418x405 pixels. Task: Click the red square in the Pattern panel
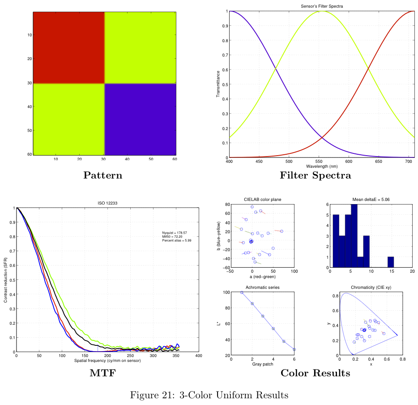(x=68, y=47)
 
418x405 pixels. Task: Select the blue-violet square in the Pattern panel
(x=141, y=119)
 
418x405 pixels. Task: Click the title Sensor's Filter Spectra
(x=321, y=6)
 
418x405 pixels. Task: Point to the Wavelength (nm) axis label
(x=321, y=166)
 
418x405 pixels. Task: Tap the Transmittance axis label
(x=218, y=84)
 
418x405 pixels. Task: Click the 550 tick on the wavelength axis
(x=319, y=161)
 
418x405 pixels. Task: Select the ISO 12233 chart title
(x=107, y=203)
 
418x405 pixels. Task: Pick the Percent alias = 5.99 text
(x=176, y=241)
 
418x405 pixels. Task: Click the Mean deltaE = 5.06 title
(x=371, y=199)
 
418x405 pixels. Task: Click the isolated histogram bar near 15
(x=391, y=262)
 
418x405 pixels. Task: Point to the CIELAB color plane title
(x=263, y=199)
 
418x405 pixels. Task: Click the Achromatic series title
(x=263, y=287)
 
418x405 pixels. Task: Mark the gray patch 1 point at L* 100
(x=242, y=292)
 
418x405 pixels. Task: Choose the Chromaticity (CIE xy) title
(x=371, y=287)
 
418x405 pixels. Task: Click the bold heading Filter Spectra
(x=315, y=175)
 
